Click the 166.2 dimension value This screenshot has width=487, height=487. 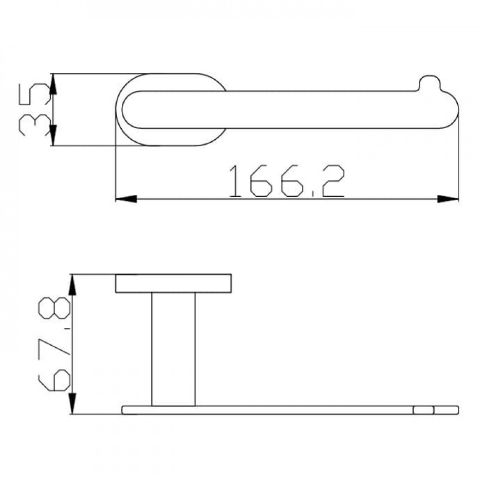point(287,181)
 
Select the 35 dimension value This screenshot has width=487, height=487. point(34,109)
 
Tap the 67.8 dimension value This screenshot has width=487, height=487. point(54,344)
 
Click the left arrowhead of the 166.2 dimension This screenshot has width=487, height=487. point(126,199)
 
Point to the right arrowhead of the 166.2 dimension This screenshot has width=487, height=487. point(448,199)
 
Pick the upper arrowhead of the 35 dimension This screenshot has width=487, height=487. point(53,84)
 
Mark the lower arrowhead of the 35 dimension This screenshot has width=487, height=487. point(53,135)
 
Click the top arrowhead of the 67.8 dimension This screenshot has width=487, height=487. point(73,285)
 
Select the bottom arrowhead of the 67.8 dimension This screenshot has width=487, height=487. point(73,403)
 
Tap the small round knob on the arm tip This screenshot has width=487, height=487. point(430,82)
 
